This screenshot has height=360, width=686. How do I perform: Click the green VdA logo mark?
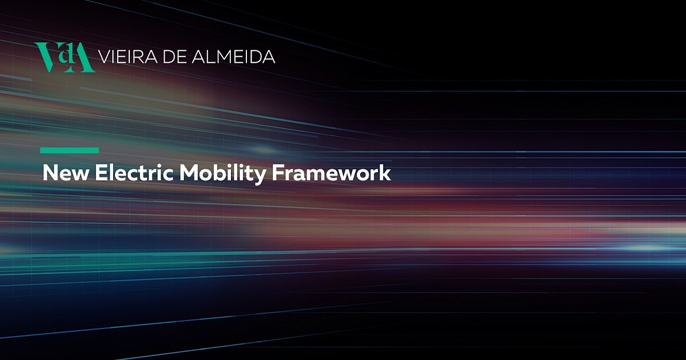pyautogui.click(x=65, y=57)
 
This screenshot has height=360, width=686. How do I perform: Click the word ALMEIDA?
pyautogui.click(x=233, y=57)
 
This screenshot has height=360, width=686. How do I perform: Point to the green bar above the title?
pyautogui.click(x=70, y=150)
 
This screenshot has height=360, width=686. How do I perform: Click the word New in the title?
pyautogui.click(x=66, y=173)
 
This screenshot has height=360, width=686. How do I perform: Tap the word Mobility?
pyautogui.click(x=222, y=174)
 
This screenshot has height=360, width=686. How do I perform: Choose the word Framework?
pyautogui.click(x=332, y=173)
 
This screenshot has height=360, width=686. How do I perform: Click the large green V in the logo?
pyautogui.click(x=48, y=57)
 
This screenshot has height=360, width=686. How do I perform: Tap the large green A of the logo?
pyautogui.click(x=82, y=57)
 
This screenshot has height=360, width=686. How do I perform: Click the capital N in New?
pyautogui.click(x=50, y=173)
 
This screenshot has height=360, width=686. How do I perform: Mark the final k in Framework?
pyautogui.click(x=385, y=173)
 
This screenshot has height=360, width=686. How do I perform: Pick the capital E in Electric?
pyautogui.click(x=101, y=173)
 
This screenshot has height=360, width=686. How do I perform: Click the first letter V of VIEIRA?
pyautogui.click(x=105, y=57)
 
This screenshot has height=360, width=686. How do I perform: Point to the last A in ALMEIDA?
pyautogui.click(x=269, y=57)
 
